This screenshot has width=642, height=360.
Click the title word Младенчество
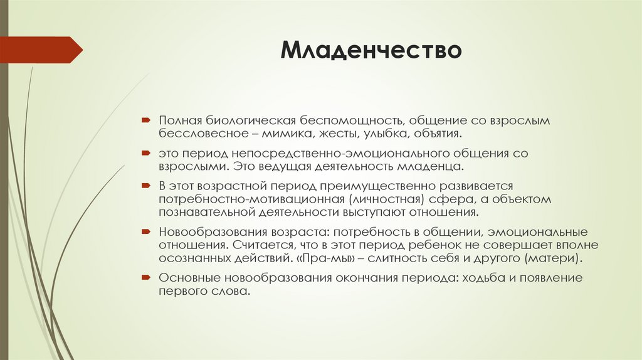point(371,50)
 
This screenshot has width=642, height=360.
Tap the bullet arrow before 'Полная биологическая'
point(145,119)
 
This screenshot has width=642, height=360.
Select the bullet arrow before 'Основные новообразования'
point(145,277)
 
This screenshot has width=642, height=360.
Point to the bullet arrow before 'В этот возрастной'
point(145,186)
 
